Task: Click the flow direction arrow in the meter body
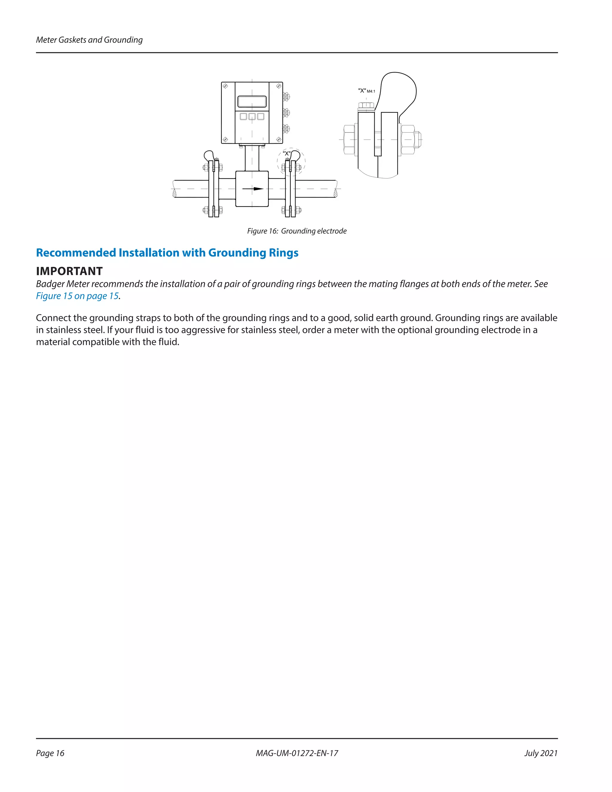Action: [253, 189]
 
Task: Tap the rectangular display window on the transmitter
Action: [252, 102]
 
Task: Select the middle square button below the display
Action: [252, 116]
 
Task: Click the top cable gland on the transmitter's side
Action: [286, 97]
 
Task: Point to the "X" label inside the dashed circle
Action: [286, 153]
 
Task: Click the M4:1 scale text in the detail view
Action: [371, 91]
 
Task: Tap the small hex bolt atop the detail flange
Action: [366, 106]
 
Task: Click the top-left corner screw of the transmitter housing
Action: [225, 86]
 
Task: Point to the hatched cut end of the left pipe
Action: [175, 194]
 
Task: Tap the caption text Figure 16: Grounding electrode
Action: [296, 231]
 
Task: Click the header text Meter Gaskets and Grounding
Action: [89, 40]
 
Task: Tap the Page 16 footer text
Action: [50, 753]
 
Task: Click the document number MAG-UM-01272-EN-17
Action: [296, 753]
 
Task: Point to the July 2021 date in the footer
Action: [541, 753]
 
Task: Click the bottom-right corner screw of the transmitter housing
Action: [279, 139]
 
